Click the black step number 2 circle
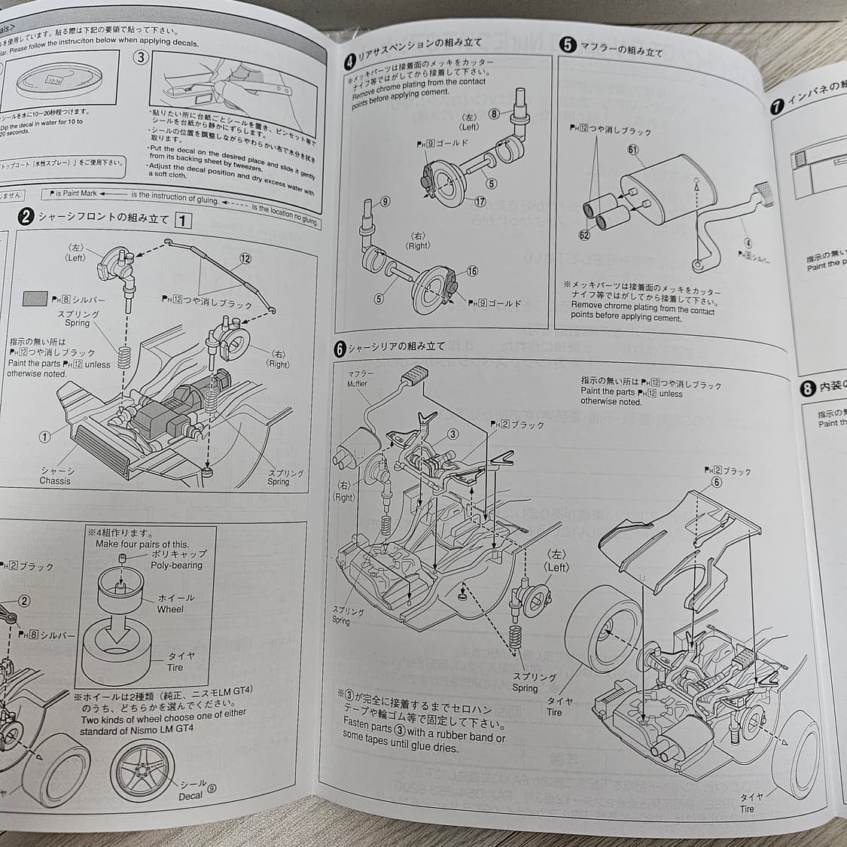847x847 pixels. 26,217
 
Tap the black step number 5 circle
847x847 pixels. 568,45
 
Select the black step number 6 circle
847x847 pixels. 341,349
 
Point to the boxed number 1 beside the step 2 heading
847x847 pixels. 183,220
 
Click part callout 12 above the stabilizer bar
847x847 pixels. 245,258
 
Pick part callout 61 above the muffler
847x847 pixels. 632,150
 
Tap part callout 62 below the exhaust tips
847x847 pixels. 584,236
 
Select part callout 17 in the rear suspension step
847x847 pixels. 480,202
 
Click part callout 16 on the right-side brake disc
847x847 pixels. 472,271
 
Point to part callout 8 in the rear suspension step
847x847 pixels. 494,114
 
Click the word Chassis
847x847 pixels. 55,480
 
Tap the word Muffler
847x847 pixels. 357,383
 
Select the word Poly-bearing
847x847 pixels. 176,565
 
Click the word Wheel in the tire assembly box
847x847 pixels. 170,609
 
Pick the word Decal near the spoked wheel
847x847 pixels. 190,796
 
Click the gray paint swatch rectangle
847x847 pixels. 35,299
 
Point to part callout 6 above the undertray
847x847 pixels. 715,483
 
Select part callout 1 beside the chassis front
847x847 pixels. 44,437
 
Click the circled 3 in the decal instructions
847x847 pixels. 141,58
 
